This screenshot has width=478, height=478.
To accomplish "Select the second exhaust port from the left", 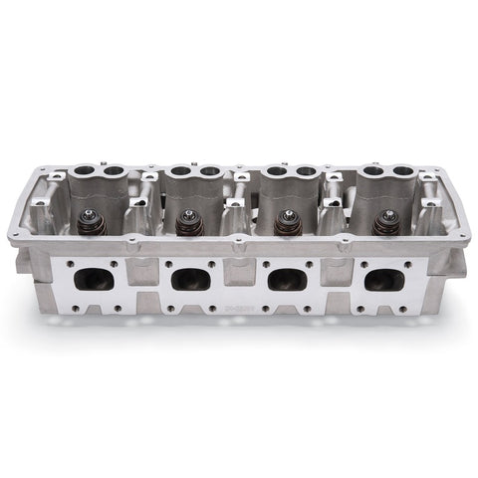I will (188, 279).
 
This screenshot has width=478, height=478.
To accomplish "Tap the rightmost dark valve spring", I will (384, 223).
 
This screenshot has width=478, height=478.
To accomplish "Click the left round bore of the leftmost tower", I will (84, 172).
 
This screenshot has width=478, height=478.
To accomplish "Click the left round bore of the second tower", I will (180, 172).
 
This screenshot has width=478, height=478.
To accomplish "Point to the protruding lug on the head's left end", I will (25, 264).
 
